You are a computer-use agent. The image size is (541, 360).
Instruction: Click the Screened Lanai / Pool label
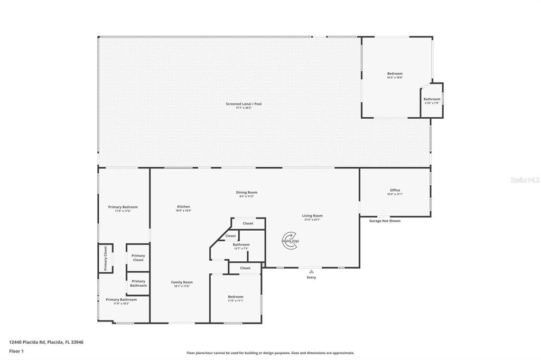tap(244, 104)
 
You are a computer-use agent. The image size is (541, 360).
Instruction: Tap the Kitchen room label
tap(183, 206)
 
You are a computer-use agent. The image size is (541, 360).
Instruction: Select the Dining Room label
tap(247, 192)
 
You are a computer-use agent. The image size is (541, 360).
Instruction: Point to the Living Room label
tap(312, 215)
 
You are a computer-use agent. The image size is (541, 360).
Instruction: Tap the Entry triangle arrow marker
tap(311, 271)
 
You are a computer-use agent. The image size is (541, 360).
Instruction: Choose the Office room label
tap(395, 190)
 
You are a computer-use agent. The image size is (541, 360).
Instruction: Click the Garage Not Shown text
tap(384, 221)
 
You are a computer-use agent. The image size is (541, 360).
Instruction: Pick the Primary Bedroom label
tap(123, 207)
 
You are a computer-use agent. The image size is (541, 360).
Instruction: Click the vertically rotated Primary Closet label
tap(105, 258)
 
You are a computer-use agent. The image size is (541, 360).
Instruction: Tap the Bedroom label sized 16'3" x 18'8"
tap(395, 73)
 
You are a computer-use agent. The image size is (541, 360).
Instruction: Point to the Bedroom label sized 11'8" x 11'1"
tap(236, 297)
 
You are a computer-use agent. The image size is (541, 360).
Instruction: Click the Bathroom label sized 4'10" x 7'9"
tap(432, 99)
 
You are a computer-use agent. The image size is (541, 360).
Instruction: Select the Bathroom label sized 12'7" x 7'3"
tap(241, 244)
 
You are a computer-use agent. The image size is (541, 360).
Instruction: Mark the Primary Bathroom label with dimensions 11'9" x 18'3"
tap(121, 299)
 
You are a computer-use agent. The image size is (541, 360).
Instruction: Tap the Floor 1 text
tap(16, 350)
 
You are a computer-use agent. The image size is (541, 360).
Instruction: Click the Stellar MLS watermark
tap(525, 180)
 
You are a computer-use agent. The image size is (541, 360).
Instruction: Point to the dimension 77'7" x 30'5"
tap(244, 108)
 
